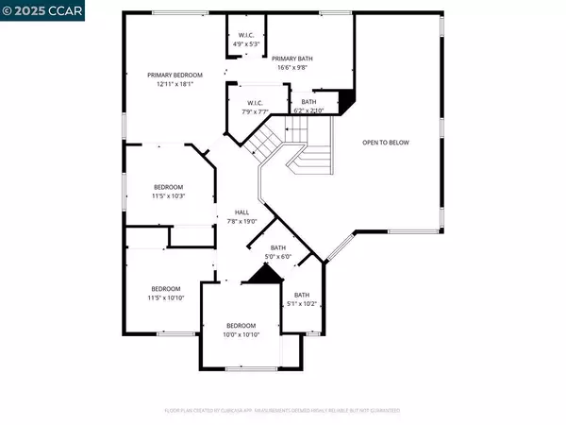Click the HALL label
click(241, 212)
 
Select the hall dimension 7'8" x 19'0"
click(241, 221)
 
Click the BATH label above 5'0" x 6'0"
click(278, 247)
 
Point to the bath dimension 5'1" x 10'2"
click(302, 304)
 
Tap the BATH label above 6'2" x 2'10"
click(308, 101)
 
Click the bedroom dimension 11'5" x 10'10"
click(166, 298)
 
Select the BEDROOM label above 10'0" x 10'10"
click(240, 326)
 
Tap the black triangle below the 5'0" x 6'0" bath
click(264, 275)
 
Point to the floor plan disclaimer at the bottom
click(282, 411)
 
